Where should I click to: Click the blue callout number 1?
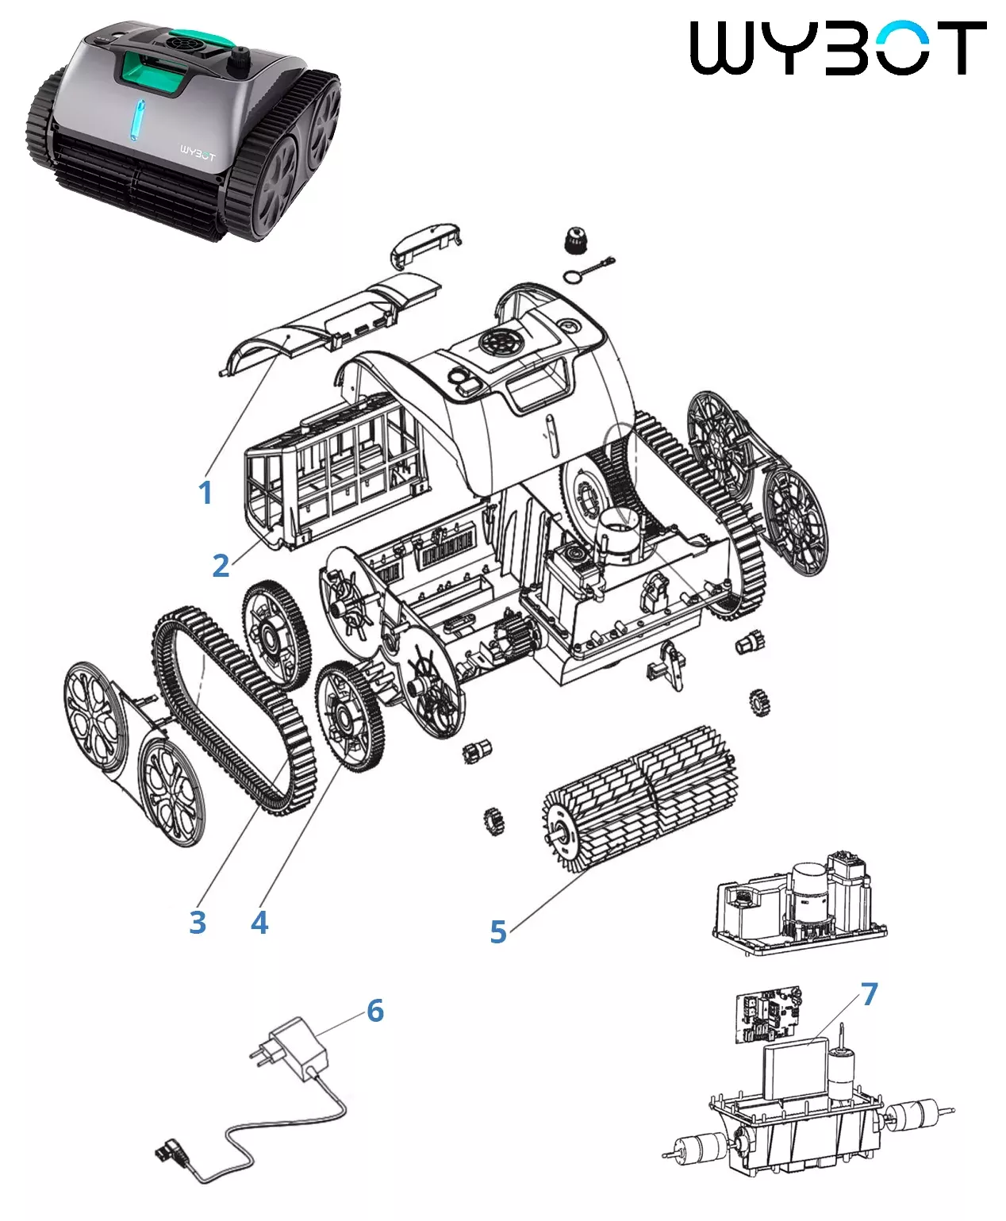[205, 493]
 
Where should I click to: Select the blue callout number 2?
[221, 565]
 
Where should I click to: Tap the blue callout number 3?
[198, 922]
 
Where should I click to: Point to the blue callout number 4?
[259, 922]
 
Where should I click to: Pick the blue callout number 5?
[498, 931]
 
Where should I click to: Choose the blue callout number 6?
[375, 1011]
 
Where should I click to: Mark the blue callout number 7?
[870, 994]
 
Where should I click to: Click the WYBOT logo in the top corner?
[838, 48]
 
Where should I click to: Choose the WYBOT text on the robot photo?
[198, 157]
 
